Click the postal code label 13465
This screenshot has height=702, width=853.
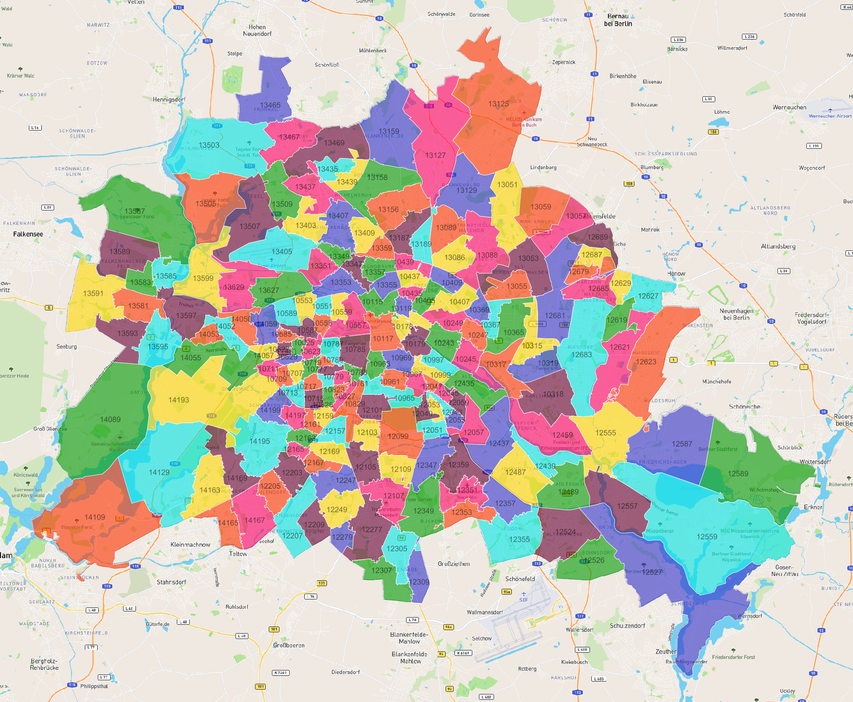click(x=270, y=105)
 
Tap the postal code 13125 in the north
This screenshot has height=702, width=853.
click(x=498, y=104)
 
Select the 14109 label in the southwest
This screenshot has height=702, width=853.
click(x=95, y=517)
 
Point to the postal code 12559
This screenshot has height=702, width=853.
click(x=707, y=537)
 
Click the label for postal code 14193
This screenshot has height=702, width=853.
click(x=179, y=400)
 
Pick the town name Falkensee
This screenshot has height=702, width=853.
click(x=28, y=234)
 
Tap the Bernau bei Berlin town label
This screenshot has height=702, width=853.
click(x=618, y=20)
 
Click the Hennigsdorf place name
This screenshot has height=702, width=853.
click(x=169, y=99)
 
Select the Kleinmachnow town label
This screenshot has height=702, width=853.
click(x=190, y=544)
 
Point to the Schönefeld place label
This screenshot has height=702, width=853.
click(x=520, y=579)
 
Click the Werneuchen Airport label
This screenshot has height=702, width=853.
click(x=830, y=116)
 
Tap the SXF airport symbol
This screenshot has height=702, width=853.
click(x=523, y=594)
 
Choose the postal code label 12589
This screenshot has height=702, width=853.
click(x=738, y=474)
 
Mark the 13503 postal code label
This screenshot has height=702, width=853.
click(x=209, y=145)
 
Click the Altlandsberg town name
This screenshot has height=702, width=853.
click(x=778, y=246)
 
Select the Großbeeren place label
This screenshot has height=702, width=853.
click(x=289, y=645)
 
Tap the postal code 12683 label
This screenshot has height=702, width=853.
click(x=581, y=355)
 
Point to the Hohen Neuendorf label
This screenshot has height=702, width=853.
click(x=257, y=30)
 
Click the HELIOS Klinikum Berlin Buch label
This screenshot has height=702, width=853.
click(x=524, y=122)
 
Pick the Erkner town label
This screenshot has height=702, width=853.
click(x=813, y=507)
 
